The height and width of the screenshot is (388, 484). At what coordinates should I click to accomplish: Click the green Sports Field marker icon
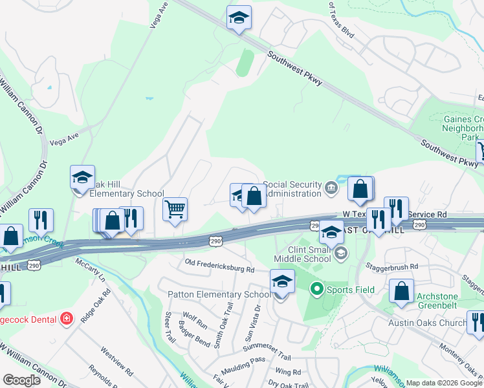316,288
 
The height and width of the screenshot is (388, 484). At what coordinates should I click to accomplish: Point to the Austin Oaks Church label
427,323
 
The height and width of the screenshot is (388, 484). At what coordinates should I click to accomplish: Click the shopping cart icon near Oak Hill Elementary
175,210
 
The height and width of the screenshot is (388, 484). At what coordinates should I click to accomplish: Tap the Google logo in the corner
21,380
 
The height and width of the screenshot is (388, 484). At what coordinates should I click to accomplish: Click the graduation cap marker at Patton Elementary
282,281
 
